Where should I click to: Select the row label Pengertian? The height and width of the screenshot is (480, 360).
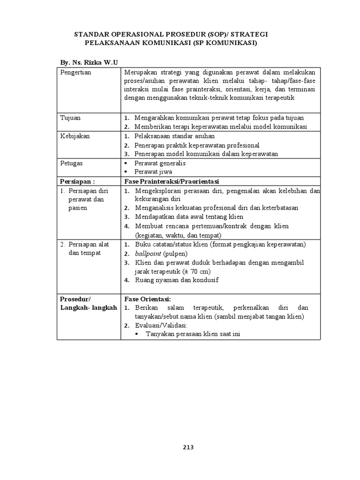coord(75,72)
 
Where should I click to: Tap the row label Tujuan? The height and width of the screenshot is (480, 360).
coord(70,118)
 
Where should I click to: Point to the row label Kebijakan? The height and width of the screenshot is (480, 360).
coord(75,136)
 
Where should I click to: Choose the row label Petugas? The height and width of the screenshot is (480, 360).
coord(72,163)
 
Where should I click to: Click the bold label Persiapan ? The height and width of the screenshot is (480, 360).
coord(77,181)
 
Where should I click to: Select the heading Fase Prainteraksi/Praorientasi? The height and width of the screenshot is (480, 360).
coord(172,181)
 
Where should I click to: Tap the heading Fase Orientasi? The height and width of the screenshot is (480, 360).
coord(148,299)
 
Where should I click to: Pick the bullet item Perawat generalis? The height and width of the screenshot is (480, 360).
coord(160,163)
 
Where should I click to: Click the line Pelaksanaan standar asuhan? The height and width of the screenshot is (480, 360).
coord(174,136)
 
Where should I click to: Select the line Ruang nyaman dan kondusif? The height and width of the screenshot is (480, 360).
coord(177,280)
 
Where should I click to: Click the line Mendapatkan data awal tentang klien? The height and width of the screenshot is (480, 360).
coord(189,217)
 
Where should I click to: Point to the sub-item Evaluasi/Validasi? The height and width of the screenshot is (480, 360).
coord(161,325)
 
